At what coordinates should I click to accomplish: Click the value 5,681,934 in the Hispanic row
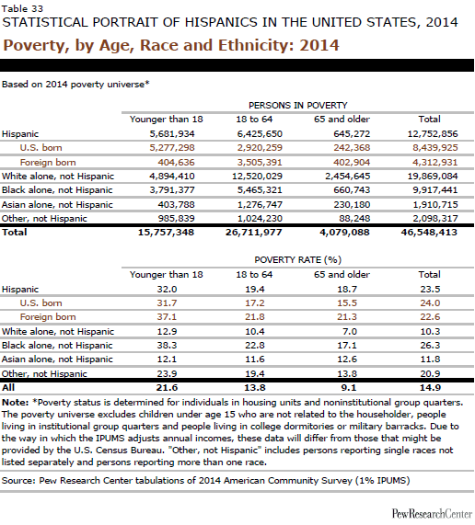point(172,134)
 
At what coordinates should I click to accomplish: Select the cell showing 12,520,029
point(257,177)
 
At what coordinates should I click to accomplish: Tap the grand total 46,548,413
point(429,233)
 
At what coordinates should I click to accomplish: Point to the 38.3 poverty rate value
point(167,345)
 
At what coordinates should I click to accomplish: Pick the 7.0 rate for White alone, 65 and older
point(350,332)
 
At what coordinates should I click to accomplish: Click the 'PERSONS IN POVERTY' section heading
point(298,106)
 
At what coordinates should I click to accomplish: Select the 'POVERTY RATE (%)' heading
point(298,260)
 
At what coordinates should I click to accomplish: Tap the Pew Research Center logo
point(432,513)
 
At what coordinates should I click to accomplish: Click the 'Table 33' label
point(22,8)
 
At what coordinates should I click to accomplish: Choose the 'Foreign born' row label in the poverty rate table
point(48,316)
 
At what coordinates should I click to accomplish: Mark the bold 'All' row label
point(8,387)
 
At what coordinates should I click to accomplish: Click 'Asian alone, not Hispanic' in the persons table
point(57,205)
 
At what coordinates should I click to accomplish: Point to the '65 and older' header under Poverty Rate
point(342,275)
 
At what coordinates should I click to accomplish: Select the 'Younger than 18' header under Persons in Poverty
point(167,120)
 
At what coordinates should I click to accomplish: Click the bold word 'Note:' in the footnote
point(16,402)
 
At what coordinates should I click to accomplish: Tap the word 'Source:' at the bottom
point(18,481)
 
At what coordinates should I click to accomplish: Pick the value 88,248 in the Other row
point(354,218)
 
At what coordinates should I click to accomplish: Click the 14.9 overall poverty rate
point(431,387)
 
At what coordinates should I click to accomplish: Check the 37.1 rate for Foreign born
point(167,316)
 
